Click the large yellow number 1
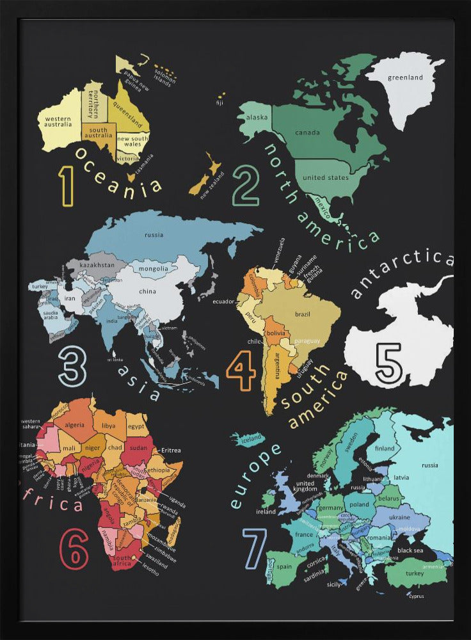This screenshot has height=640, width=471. pos(67,186)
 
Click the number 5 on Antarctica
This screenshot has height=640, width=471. pos(388,363)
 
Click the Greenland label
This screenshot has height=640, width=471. pos(405,78)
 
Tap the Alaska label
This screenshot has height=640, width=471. pos(257,117)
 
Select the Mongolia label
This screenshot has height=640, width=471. pos(153,269)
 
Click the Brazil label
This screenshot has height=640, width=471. pos(303,314)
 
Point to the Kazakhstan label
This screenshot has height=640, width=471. pos(98,264)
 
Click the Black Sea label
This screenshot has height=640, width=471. pos(410,550)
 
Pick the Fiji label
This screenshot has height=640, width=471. pos(220,102)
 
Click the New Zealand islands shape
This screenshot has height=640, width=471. pos(206,175)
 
